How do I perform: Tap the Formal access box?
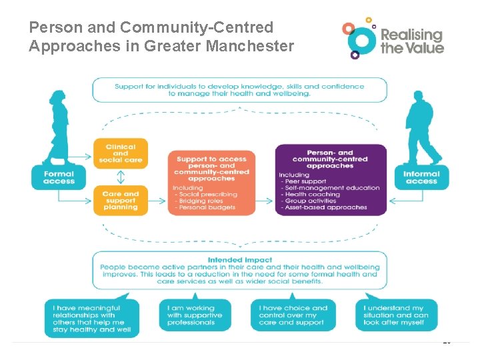[59, 177]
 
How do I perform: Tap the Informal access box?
[421, 177]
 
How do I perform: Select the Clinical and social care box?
[121, 153]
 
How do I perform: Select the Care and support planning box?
[121, 201]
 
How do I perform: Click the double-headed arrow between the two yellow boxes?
[121, 177]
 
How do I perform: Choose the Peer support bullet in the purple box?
[305, 181]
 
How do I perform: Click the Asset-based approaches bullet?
[325, 207]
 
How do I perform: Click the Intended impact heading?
[239, 260]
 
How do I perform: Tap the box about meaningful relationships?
[93, 319]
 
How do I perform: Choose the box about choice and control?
[293, 315]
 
